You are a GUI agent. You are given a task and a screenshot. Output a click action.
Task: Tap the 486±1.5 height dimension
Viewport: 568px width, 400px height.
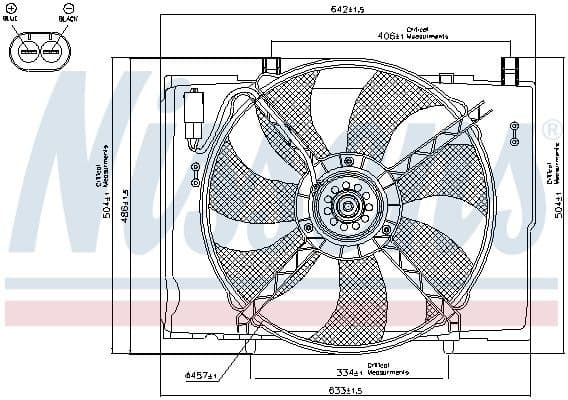tap(124, 207)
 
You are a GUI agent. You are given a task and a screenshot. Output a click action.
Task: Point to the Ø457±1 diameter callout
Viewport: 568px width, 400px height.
tap(201, 375)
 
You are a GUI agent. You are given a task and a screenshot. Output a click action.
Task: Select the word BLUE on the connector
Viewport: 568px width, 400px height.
tap(10, 20)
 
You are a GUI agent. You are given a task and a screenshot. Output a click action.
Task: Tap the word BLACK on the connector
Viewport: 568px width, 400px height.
tap(68, 20)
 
